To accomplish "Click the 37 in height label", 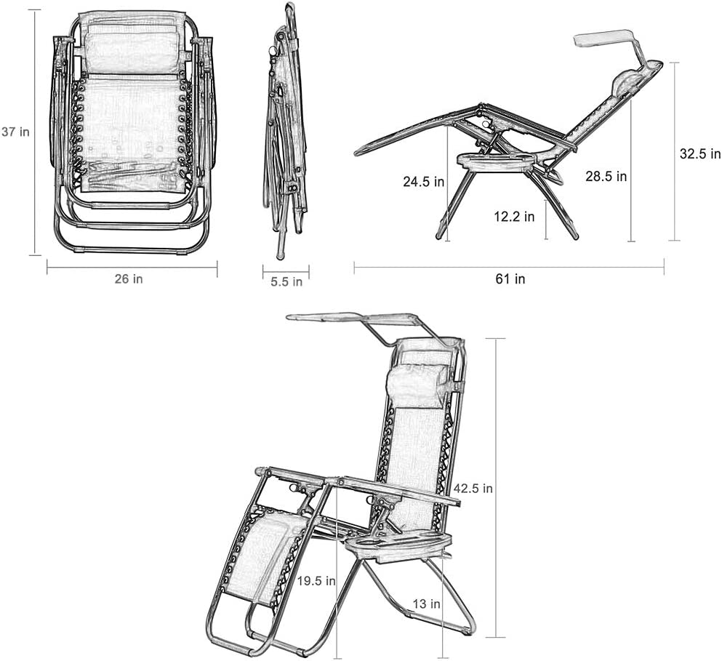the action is [x=15, y=132].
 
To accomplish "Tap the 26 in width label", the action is [x=129, y=279].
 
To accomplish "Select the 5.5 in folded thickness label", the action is [x=286, y=281].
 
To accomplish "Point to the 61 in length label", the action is [x=510, y=279].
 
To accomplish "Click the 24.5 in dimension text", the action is [x=424, y=182].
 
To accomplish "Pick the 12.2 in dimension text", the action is [x=514, y=216].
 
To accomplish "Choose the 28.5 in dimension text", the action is [x=606, y=176].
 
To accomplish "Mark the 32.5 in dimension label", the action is [x=700, y=154].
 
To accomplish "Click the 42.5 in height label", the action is [x=473, y=488].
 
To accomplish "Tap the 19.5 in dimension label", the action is [x=316, y=581].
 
